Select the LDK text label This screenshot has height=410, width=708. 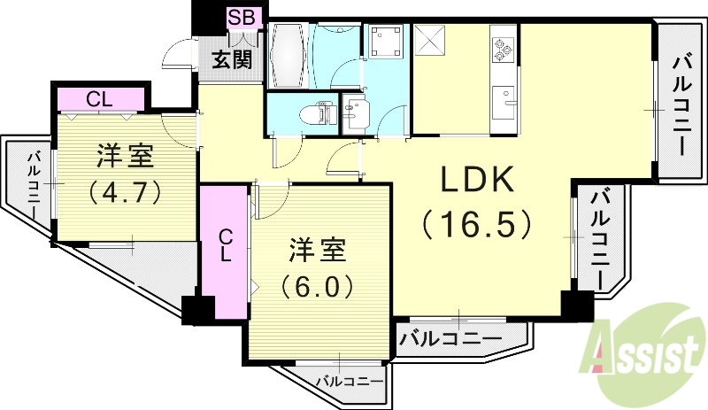478,181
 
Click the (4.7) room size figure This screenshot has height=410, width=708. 125,190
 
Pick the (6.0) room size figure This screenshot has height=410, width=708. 318,285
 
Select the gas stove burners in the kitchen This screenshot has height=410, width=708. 504,50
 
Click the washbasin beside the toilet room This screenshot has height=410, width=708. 357,113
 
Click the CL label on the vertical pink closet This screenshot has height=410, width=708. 226,245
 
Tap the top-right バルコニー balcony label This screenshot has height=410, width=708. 681,104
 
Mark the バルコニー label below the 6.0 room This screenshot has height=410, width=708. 350,381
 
